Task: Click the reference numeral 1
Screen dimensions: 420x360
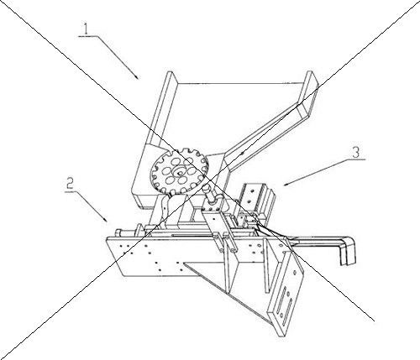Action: coord(87,29)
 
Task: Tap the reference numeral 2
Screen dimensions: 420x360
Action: coord(70,185)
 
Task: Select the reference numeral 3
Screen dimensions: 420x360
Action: coord(356,152)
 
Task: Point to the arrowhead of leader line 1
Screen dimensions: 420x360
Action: coord(136,76)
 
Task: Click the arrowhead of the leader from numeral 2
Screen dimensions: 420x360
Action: coord(105,219)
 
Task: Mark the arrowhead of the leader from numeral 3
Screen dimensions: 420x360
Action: coord(286,184)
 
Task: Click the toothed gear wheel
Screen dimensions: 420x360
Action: coord(179,171)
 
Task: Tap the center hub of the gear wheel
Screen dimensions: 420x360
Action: coord(179,171)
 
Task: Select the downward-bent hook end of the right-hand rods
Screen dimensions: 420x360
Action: coord(347,253)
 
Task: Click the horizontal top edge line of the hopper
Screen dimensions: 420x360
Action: coord(240,83)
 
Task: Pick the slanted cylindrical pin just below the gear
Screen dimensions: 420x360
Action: coord(211,193)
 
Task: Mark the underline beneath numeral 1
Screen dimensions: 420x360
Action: coord(87,36)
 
